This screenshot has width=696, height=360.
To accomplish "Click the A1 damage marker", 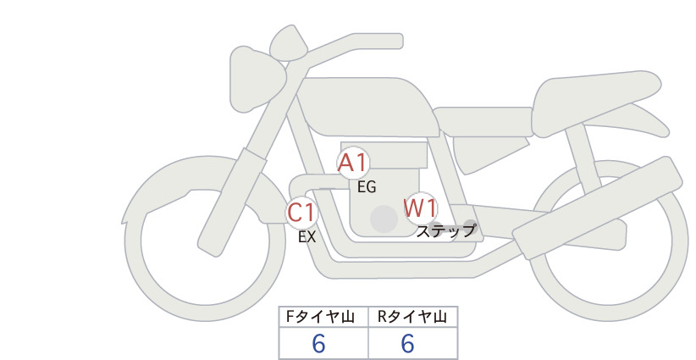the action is (353, 163).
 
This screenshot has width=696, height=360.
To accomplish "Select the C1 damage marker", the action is (301, 212).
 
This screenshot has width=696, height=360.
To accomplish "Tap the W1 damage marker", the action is (420, 208).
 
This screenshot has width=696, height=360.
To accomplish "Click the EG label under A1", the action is (367, 187).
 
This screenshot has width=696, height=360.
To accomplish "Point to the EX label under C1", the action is (307, 237).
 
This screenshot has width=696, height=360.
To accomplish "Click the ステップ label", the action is (446, 231).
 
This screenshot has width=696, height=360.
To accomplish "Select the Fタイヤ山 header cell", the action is (323, 317).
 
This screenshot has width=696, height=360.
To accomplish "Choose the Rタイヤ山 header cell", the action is (413, 317).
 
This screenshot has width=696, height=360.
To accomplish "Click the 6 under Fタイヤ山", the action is (318, 344).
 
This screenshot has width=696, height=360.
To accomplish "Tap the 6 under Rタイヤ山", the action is (408, 344).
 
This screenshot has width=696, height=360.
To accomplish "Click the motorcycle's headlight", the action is (255, 79).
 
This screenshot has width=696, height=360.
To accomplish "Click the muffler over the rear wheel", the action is (598, 208).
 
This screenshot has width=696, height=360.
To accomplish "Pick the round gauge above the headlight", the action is (289, 42).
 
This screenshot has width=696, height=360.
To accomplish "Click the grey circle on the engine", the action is (384, 219).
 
